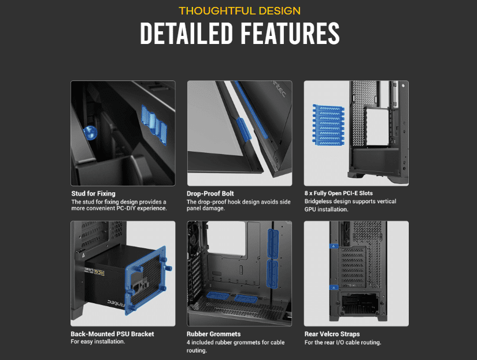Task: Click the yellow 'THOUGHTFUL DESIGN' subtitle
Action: tap(239, 10)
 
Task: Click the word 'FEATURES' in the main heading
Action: tap(291, 34)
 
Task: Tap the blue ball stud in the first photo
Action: tap(90, 131)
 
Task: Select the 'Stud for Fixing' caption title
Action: tap(93, 193)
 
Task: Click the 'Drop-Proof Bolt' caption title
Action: tap(210, 193)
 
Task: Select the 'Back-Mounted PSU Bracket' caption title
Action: tap(112, 334)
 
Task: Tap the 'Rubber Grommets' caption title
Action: tap(214, 334)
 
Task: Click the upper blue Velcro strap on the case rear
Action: tap(334, 246)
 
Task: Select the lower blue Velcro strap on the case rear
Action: tap(334, 286)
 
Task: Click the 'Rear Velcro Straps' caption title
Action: tap(332, 334)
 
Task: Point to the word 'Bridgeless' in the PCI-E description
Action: tap(320, 201)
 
